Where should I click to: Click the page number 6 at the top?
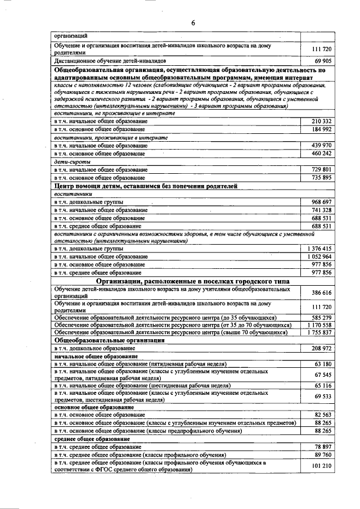pyautogui.click(x=192, y=23)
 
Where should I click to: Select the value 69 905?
pyautogui.click(x=322, y=59)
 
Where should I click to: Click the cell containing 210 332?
pyautogui.click(x=321, y=121)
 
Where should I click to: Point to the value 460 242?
pyautogui.click(x=321, y=154)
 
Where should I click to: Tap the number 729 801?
pyautogui.click(x=321, y=169)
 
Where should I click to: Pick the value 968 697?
pyautogui.click(x=321, y=201)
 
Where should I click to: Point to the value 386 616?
pyautogui.click(x=321, y=293)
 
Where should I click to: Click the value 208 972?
pyautogui.click(x=321, y=349)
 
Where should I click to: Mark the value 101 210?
pyautogui.click(x=321, y=466)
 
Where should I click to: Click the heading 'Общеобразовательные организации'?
pyautogui.click(x=109, y=341)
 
